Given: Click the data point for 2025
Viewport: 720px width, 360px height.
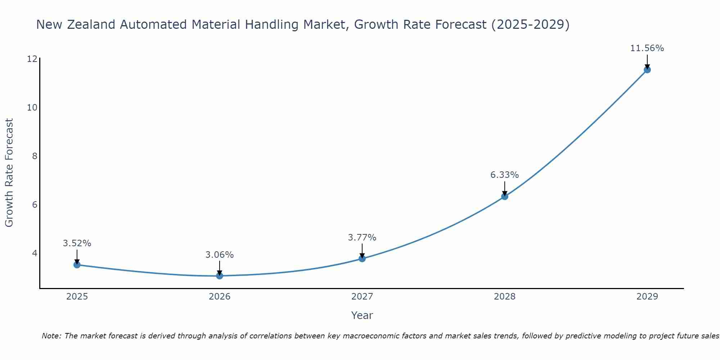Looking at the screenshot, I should click(x=77, y=265).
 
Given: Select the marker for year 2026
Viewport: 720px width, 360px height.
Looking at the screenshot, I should click(x=220, y=276).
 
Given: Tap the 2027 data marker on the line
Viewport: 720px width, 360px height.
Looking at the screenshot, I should click(x=362, y=258).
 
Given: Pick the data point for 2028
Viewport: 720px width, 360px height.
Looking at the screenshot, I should click(x=505, y=196).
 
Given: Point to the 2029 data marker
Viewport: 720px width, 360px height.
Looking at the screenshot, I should click(x=647, y=69).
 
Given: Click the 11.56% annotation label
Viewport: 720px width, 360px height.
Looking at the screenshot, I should click(x=647, y=48).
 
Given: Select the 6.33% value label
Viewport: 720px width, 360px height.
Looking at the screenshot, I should click(x=504, y=175).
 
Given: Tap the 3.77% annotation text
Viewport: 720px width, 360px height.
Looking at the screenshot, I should click(x=362, y=238).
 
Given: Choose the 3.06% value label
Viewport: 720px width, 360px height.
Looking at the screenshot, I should click(x=220, y=255).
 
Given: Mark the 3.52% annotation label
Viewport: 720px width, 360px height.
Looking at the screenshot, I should click(x=77, y=243).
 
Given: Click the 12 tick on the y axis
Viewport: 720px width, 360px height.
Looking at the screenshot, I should click(x=32, y=59).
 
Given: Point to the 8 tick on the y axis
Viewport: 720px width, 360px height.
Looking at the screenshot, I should click(x=35, y=156).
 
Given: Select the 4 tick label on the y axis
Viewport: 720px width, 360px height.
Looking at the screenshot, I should click(x=35, y=253).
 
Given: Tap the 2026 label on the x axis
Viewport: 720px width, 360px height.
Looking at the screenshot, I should click(x=220, y=297).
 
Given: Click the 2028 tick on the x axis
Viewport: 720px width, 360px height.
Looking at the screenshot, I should click(x=504, y=297).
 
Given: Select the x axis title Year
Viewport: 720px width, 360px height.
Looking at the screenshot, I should click(x=362, y=315).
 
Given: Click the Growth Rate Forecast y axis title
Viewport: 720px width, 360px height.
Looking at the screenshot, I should click(x=9, y=173).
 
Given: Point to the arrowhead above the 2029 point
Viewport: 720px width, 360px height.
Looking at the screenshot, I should click(x=647, y=66).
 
